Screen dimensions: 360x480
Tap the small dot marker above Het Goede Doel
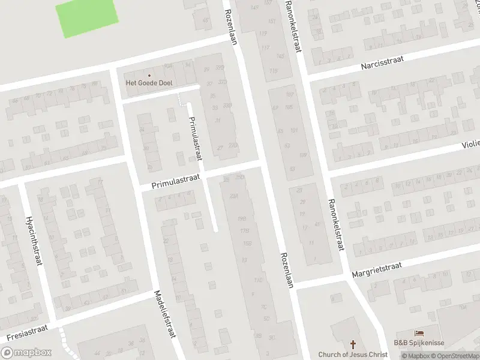tap(149, 75)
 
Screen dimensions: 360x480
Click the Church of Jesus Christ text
tap(353, 355)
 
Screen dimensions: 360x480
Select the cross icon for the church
tap(353, 344)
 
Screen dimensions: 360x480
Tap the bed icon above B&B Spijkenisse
tap(419, 333)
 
